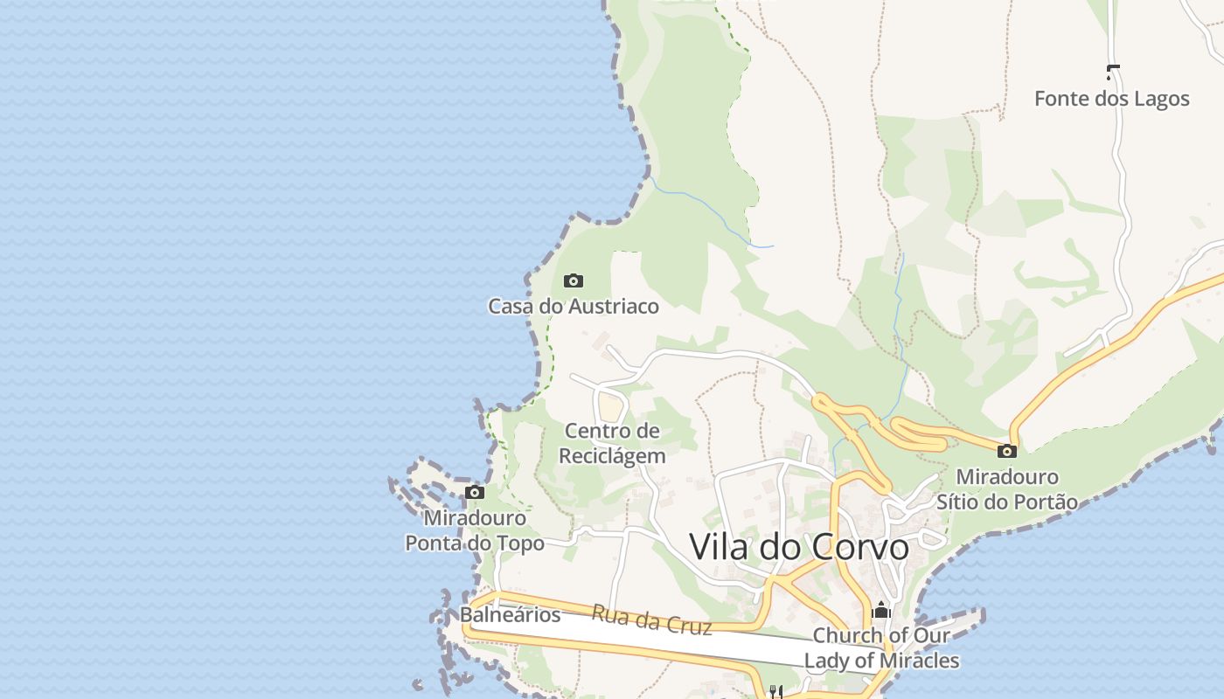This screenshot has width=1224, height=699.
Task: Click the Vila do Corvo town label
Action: tap(799, 547)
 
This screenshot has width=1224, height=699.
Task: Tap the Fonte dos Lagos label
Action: tap(1111, 99)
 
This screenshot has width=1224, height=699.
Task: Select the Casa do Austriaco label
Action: tap(573, 307)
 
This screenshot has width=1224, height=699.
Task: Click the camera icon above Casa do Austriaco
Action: tap(574, 280)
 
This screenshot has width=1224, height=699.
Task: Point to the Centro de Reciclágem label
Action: tap(612, 443)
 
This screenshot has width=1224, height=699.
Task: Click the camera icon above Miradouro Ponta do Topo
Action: tap(475, 492)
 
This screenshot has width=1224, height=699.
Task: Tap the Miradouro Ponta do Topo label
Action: tap(475, 530)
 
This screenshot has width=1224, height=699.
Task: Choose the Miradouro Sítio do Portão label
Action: tap(1007, 489)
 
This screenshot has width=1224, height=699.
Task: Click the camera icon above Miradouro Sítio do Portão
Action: tap(1007, 451)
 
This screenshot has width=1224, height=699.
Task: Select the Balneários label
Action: tap(510, 615)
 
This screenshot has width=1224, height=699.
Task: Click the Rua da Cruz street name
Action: tap(651, 619)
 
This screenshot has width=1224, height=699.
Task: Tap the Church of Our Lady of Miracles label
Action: tap(881, 648)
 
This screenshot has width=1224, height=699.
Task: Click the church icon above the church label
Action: tap(881, 609)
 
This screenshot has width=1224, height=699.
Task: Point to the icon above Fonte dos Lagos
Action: tap(1113, 72)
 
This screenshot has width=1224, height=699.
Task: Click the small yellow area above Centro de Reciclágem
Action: tap(611, 405)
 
